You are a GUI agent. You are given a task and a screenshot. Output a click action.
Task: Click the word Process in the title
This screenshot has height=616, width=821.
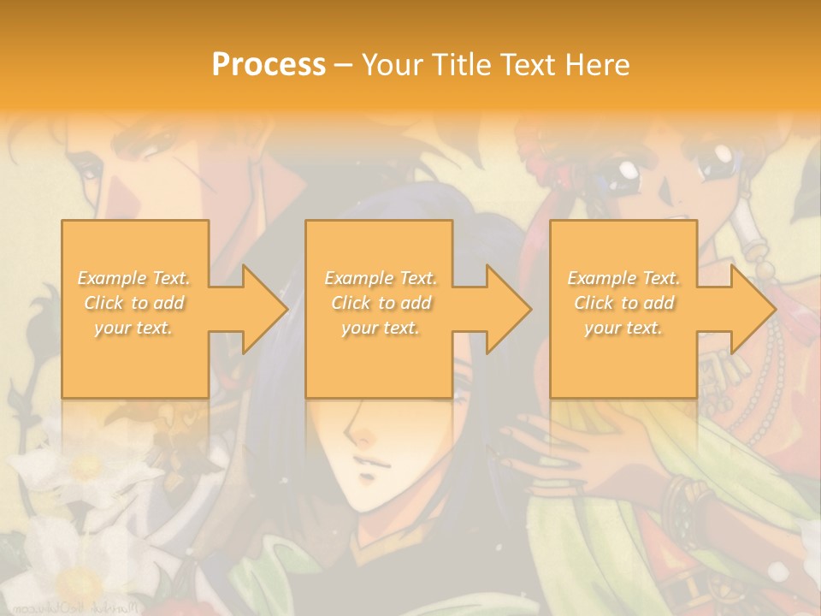pos(269,65)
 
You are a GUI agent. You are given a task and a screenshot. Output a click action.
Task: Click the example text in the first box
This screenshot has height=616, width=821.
pos(134,303)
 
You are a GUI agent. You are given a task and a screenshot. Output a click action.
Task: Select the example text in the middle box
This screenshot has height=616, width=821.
pos(381,303)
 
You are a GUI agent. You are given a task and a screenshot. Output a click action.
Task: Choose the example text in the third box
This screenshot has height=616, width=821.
pos(623,303)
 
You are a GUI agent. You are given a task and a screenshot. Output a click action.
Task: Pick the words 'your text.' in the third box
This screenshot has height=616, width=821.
pos(623,328)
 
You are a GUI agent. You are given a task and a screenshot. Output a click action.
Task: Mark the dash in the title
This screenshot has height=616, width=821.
pos(344,65)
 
